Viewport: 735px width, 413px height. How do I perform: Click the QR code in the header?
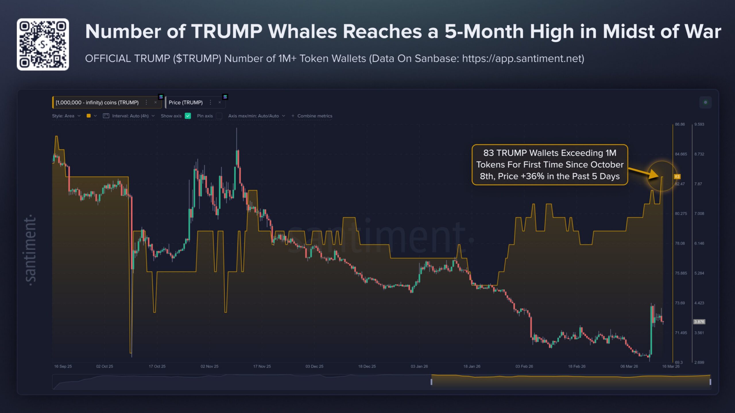tap(43, 44)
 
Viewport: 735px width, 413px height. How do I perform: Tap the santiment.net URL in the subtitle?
tap(523, 59)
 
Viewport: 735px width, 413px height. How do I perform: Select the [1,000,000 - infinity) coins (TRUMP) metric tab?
tap(97, 102)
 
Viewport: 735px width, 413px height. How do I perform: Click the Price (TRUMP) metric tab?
tap(185, 102)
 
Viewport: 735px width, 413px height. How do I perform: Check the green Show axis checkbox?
tap(188, 116)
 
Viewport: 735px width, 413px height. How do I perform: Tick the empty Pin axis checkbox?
tap(219, 116)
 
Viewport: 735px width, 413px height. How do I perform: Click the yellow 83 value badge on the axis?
tap(677, 176)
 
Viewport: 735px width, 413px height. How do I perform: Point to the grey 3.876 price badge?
tap(699, 322)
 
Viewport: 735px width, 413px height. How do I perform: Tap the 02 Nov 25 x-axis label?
tap(209, 366)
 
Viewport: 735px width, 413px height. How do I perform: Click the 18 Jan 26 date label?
tap(471, 366)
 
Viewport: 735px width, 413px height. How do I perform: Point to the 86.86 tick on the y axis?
tap(680, 124)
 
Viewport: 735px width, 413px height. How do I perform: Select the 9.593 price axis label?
tap(699, 124)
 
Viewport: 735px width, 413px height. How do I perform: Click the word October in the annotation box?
tap(604, 165)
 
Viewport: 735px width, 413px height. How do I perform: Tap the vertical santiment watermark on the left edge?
tap(30, 250)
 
